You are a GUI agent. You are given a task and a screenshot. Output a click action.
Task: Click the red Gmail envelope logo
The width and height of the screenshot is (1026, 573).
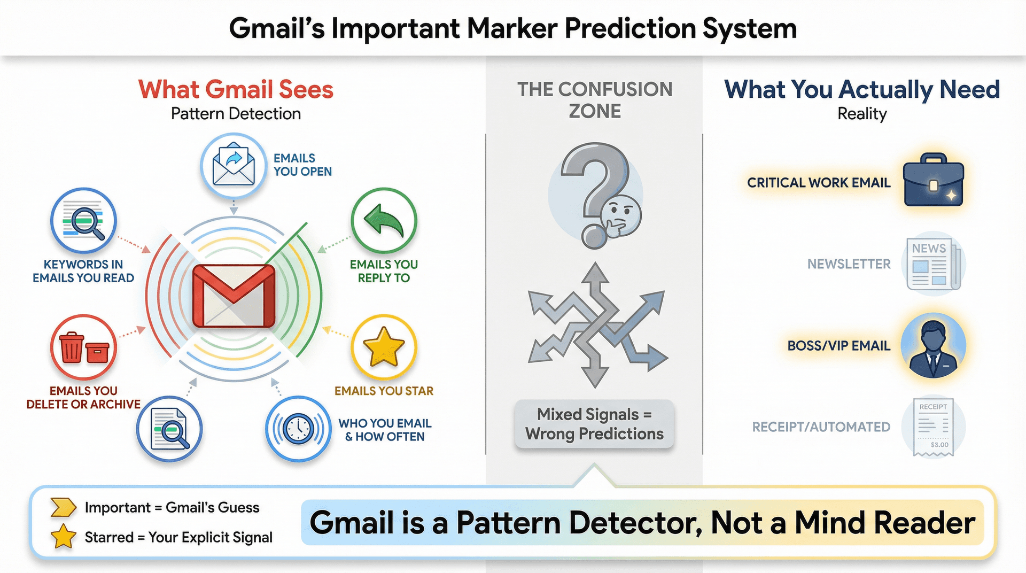click(x=234, y=296)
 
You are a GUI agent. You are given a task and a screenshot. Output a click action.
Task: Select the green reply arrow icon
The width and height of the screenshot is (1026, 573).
click(x=384, y=220)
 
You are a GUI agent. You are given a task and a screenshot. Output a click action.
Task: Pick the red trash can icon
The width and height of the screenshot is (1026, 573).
click(x=72, y=348)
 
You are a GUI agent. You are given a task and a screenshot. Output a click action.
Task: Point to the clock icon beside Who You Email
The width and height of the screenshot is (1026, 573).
click(x=298, y=429)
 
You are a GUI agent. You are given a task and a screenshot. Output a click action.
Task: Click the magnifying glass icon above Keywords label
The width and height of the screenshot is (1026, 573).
click(x=85, y=221)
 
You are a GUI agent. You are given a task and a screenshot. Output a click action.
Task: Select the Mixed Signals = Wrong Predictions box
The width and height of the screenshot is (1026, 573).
click(x=594, y=424)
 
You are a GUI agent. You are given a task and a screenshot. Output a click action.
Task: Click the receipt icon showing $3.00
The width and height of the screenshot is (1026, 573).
click(x=933, y=428)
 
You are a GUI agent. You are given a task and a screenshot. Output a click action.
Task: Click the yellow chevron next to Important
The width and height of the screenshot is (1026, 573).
click(x=63, y=507)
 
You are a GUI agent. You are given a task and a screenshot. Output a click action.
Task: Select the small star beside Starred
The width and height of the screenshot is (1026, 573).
click(x=63, y=537)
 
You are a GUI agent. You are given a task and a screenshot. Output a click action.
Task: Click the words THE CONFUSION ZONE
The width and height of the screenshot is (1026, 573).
click(x=594, y=100)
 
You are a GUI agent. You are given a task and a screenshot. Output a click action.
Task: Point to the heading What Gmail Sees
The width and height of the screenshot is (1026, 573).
click(x=236, y=89)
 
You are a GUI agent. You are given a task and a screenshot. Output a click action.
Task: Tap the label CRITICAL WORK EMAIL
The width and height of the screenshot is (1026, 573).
click(x=818, y=183)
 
